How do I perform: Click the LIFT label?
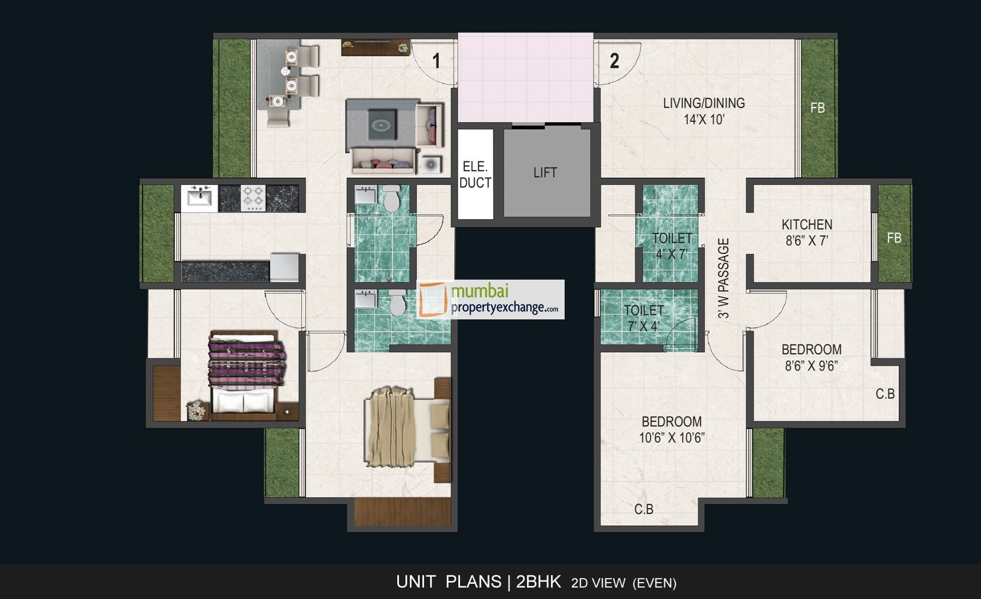(545, 173)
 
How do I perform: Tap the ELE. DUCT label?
(475, 175)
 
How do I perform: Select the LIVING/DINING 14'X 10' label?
(704, 111)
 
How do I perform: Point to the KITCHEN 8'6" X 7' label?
(807, 233)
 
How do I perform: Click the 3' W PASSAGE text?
(723, 278)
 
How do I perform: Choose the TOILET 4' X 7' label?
(671, 246)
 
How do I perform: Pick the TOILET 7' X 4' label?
(644, 318)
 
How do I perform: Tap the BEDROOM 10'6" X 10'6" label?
(671, 429)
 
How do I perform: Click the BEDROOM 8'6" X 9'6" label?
(811, 358)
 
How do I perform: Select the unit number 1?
(436, 61)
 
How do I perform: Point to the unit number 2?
(614, 61)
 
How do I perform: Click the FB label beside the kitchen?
(894, 238)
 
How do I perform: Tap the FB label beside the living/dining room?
(817, 108)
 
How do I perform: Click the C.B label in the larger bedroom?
(644, 510)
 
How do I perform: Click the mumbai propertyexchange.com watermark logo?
(491, 299)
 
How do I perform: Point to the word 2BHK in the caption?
(538, 582)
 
